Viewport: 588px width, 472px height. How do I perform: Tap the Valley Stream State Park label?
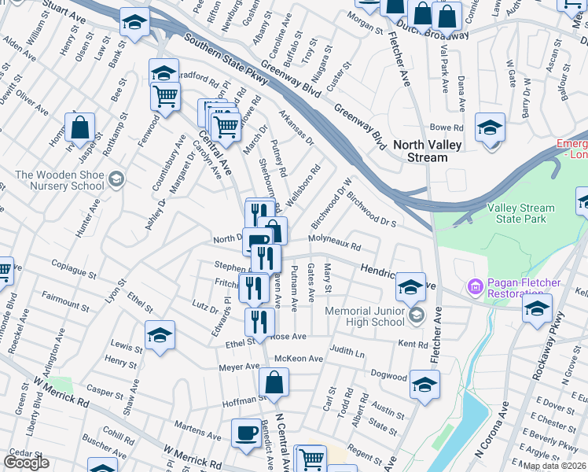tap(520, 213)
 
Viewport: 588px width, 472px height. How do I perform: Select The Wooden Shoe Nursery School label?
tap(60, 180)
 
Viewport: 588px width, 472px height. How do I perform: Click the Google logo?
tap(26, 463)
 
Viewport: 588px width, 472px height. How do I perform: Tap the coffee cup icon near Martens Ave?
tap(246, 433)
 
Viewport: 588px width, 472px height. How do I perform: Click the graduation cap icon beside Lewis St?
tap(160, 337)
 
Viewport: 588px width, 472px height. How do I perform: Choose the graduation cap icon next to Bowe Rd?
tap(490, 127)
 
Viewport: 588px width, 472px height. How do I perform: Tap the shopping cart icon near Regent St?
tap(312, 459)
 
